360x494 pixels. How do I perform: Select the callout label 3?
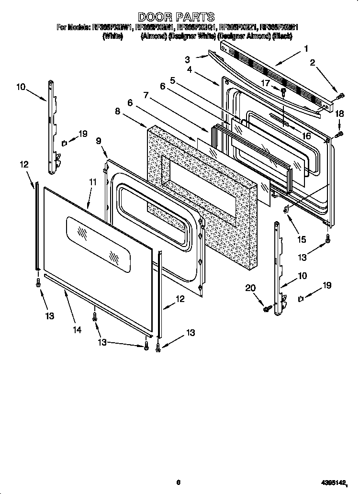[x=187, y=59]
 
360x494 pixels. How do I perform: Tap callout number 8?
[x=117, y=111]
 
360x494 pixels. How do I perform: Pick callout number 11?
[x=92, y=182]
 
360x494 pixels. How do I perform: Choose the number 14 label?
[x=77, y=329]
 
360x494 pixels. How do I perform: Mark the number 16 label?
[x=306, y=136]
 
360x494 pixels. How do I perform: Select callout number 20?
[x=250, y=288]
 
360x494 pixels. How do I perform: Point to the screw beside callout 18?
[x=339, y=134]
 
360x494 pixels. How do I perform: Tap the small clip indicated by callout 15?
[x=286, y=209]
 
